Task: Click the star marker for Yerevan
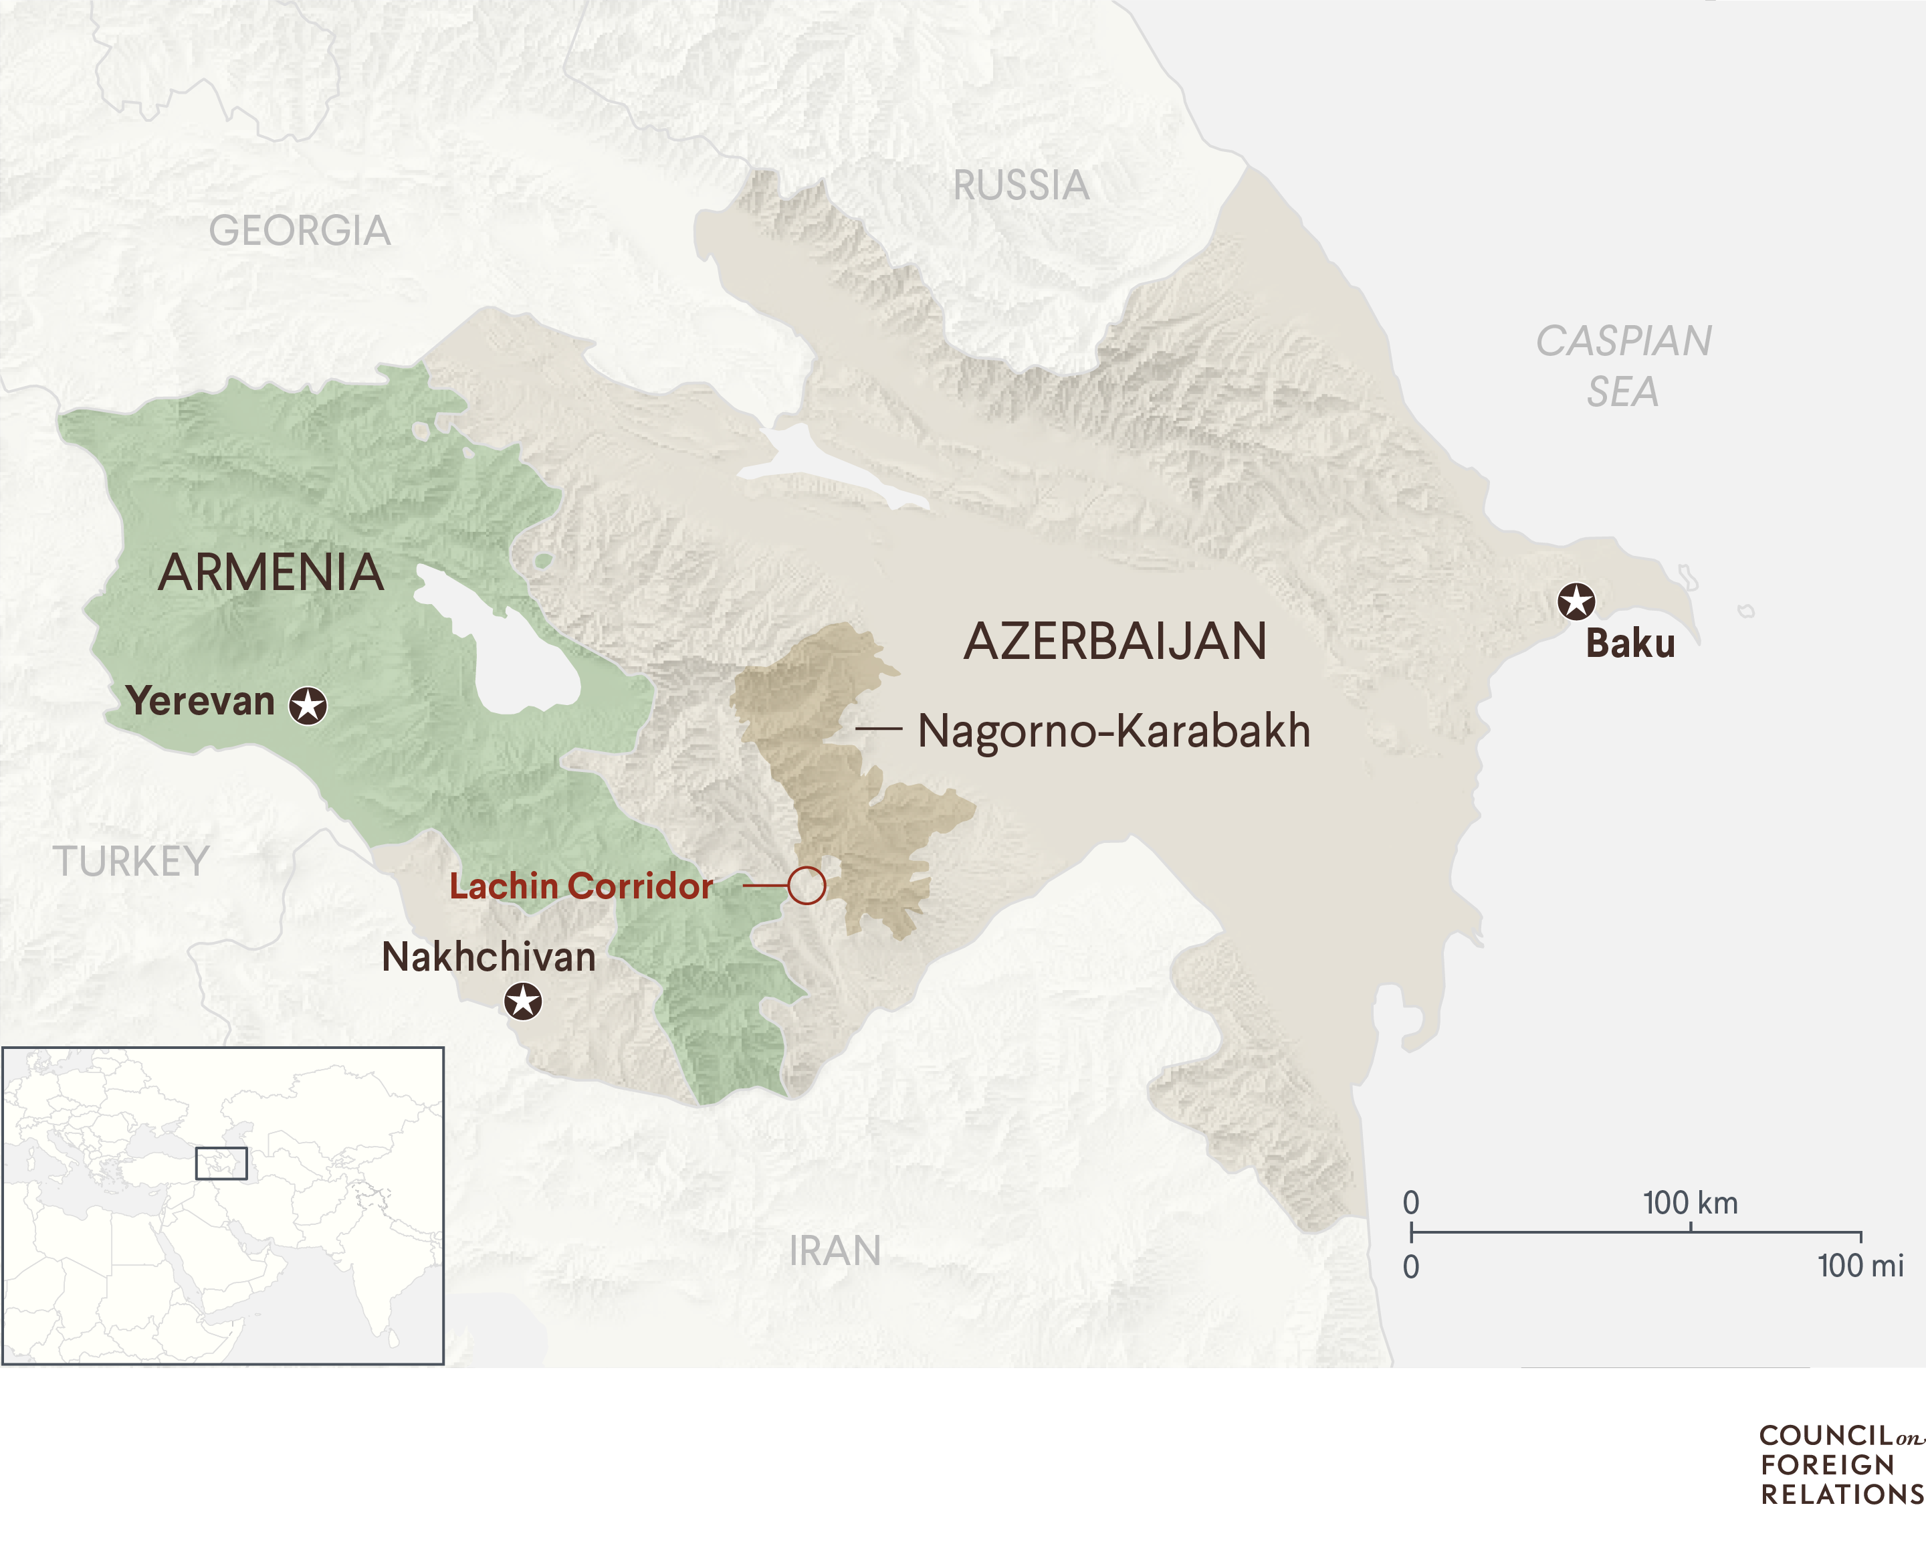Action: [308, 706]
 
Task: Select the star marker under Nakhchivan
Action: [522, 1001]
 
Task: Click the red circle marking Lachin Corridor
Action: [806, 886]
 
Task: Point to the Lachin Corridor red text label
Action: [580, 886]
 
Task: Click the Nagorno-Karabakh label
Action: [1113, 731]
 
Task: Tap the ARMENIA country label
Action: [271, 573]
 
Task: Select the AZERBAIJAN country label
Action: [1115, 642]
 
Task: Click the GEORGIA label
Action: [299, 231]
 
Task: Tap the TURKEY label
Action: [131, 862]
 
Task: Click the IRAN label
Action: [835, 1251]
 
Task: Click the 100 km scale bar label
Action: [1690, 1203]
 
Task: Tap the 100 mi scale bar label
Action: [1860, 1266]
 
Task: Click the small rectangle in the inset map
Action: [221, 1163]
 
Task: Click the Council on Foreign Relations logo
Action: [1840, 1465]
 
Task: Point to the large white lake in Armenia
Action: [518, 652]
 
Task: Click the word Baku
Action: [1630, 644]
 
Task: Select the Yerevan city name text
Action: [200, 701]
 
